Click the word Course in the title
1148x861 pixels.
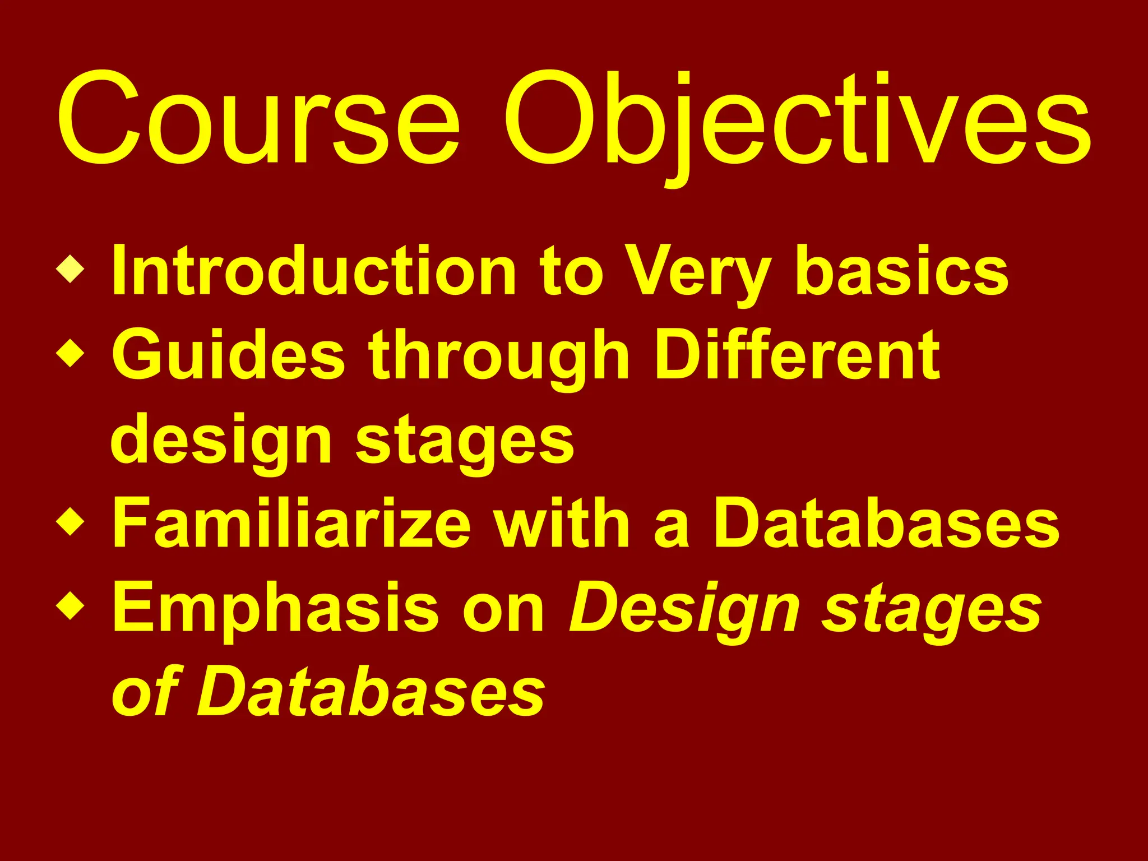pyautogui.click(x=258, y=119)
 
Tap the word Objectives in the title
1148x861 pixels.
pyautogui.click(x=796, y=119)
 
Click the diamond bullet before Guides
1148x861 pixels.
pyautogui.click(x=71, y=354)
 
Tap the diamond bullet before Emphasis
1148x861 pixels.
pyautogui.click(x=71, y=606)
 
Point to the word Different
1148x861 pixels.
pyautogui.click(x=797, y=354)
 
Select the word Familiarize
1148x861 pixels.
pyautogui.click(x=291, y=522)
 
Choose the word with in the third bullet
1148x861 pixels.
pyautogui.click(x=566, y=522)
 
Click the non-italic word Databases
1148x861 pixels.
pyautogui.click(x=886, y=522)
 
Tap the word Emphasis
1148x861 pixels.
pyautogui.click(x=275, y=608)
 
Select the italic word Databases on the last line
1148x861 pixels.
pyautogui.click(x=370, y=691)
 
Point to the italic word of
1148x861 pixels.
pyautogui.click(x=145, y=691)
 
